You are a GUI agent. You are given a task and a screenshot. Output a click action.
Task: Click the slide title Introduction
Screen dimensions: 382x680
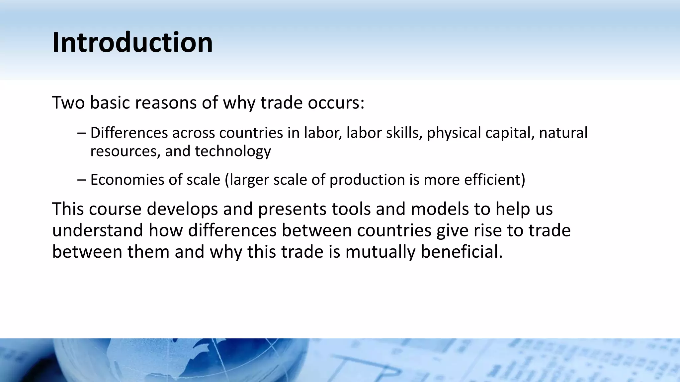[x=132, y=42]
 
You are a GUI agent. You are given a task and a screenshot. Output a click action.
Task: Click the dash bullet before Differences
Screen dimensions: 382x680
[x=81, y=133]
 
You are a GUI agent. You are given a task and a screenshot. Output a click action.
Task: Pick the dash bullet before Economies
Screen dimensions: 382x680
[x=81, y=180]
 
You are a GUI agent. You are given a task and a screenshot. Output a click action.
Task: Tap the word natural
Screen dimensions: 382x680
[x=563, y=133]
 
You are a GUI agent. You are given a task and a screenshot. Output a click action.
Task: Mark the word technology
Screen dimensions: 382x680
[x=233, y=152]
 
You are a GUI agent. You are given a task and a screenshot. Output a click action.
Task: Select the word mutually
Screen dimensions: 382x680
[x=380, y=252]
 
